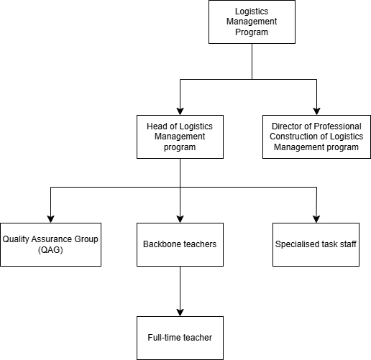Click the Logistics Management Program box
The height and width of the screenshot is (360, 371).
point(252,22)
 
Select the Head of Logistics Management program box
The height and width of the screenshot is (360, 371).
point(180,137)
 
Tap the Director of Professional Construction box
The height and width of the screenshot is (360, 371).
point(316,137)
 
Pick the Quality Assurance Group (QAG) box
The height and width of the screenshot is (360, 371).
point(50,244)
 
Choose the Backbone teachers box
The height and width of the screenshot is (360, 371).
point(180,244)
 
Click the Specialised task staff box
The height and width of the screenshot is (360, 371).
point(316,244)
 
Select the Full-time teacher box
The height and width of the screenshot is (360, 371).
point(180,338)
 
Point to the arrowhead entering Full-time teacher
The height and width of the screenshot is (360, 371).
point(180,313)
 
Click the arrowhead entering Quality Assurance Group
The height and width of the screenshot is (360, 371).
point(50,219)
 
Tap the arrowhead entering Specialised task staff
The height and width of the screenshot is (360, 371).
point(316,219)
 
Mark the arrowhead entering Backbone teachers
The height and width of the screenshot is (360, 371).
point(180,219)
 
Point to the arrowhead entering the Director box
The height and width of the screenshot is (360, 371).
point(316,111)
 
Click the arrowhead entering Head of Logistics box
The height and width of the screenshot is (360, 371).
point(180,111)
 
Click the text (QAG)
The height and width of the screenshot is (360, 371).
point(50,250)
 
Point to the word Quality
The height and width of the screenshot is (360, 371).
point(16,239)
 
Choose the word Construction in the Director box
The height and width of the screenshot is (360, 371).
point(294,137)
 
